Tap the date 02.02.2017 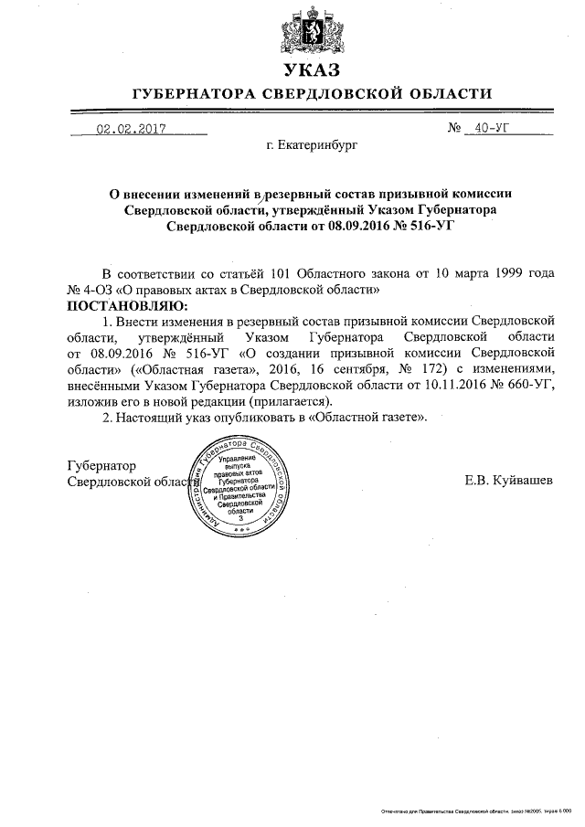(131, 129)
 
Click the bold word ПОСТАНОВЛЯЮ (127, 304)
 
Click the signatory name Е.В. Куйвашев (508, 481)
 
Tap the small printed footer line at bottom (476, 811)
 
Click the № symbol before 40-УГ (455, 129)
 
